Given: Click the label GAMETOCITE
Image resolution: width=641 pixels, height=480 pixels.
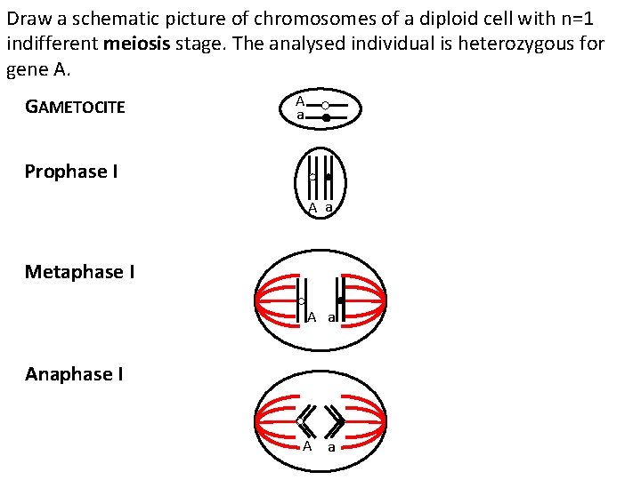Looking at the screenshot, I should click(75, 108).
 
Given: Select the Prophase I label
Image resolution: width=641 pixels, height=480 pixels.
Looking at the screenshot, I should click(71, 172).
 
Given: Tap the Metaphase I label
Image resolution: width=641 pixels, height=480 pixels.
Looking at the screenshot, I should click(80, 271).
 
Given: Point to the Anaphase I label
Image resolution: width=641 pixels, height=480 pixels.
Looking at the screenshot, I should click(74, 374).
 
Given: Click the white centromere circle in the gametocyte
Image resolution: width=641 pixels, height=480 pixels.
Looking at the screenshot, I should click(326, 106).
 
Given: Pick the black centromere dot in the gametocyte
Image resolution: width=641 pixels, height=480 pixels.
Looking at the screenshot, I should click(327, 117).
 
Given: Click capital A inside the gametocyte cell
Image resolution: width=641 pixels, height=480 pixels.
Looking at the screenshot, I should click(301, 101).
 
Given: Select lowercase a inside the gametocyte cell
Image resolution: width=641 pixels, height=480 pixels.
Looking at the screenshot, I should click(301, 116).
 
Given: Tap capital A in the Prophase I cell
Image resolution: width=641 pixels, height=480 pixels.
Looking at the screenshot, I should click(312, 208).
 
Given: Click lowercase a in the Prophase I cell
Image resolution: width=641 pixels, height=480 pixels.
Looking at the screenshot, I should click(329, 208).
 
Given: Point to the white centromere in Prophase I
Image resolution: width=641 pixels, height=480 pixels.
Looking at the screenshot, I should click(313, 178).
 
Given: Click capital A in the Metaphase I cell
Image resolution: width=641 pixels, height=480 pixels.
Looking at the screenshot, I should click(312, 317).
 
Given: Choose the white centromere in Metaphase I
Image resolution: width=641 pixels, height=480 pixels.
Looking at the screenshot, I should click(303, 301).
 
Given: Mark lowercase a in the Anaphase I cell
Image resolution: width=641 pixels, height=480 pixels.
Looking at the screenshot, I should click(331, 447).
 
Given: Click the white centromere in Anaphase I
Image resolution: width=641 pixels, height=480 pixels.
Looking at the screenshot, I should click(301, 420).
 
